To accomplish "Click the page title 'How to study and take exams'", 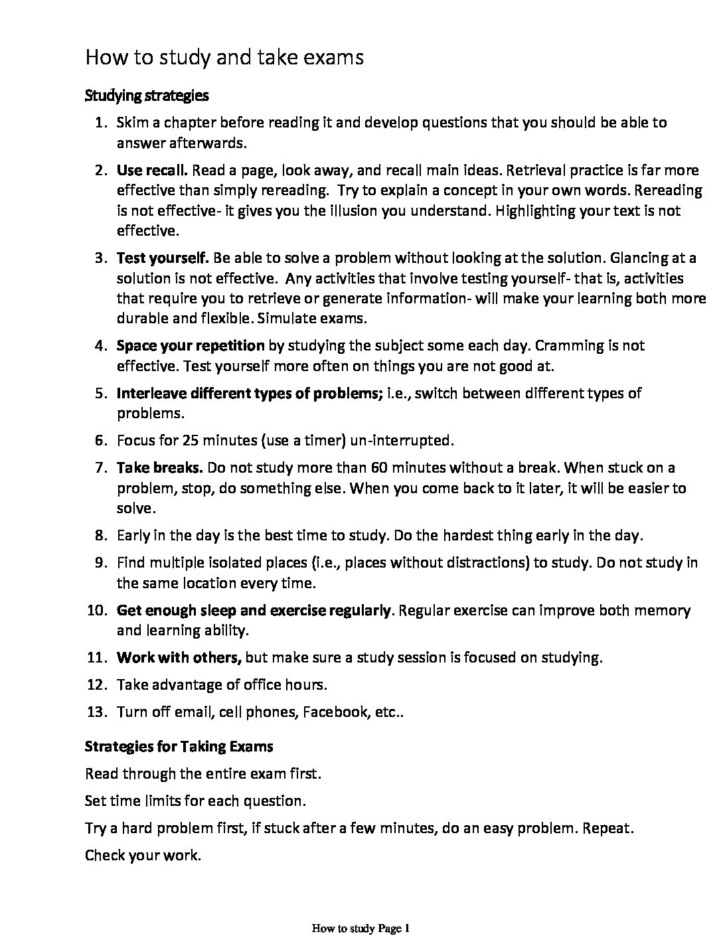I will [x=224, y=58].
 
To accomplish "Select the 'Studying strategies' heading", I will [x=147, y=96].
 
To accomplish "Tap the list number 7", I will [x=100, y=468].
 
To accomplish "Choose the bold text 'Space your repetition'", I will [x=191, y=346].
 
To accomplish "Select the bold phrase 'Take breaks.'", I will [x=159, y=468].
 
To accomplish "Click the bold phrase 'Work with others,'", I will [x=179, y=658].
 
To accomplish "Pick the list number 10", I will [x=97, y=611].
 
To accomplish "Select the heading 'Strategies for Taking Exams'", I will [x=179, y=746].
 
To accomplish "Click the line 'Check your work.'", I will [x=143, y=855].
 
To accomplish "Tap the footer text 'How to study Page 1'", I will [x=361, y=928].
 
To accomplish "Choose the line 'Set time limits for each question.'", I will [x=195, y=801].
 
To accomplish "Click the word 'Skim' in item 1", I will [x=131, y=123].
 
